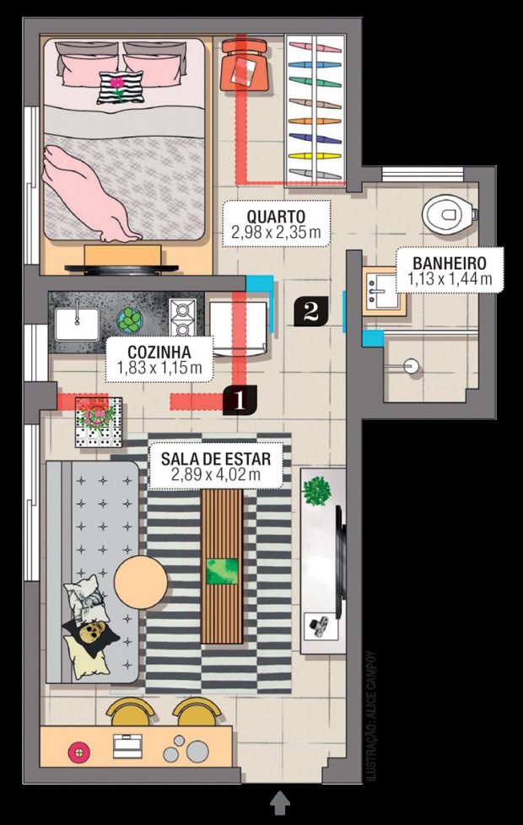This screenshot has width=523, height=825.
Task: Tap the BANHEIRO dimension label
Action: [450, 271]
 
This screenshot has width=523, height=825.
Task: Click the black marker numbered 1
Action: [240, 401]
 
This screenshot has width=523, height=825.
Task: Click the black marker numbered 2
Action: [311, 311]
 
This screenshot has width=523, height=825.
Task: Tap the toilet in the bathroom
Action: [450, 214]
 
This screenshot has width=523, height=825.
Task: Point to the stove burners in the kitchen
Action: [182, 316]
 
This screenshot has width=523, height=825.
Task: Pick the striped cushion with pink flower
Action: [120, 88]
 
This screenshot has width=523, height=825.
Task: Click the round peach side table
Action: [141, 582]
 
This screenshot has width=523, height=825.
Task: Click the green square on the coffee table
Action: [222, 571]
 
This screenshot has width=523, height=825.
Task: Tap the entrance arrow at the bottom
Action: [280, 804]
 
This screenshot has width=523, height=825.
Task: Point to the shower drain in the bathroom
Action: [412, 365]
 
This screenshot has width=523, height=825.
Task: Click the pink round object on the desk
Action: [78, 752]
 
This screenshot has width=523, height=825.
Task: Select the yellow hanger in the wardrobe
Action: [315, 156]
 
